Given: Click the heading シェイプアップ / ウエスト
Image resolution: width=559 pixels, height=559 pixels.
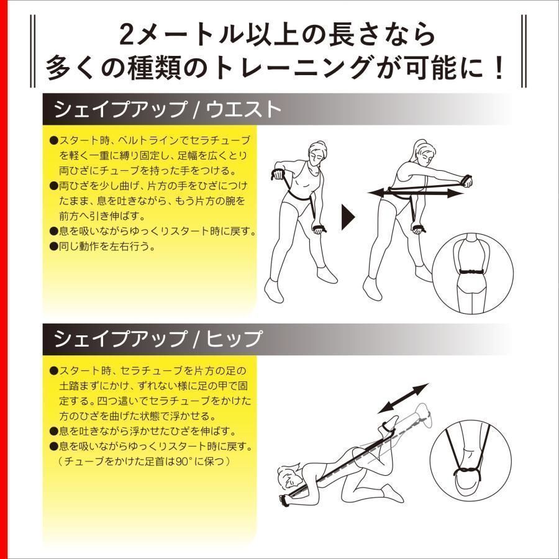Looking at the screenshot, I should point(168,110).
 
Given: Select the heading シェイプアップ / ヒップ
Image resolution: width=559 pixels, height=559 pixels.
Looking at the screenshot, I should point(158,339).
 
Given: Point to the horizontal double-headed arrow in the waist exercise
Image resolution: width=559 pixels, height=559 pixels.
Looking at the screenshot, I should point(416,194).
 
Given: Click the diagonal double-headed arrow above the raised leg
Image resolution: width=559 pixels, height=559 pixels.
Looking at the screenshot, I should point(404,398).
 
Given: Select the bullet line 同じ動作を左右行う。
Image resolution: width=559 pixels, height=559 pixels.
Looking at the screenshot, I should point(106,246).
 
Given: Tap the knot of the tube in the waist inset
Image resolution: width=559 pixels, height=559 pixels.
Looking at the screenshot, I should point(475,271).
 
